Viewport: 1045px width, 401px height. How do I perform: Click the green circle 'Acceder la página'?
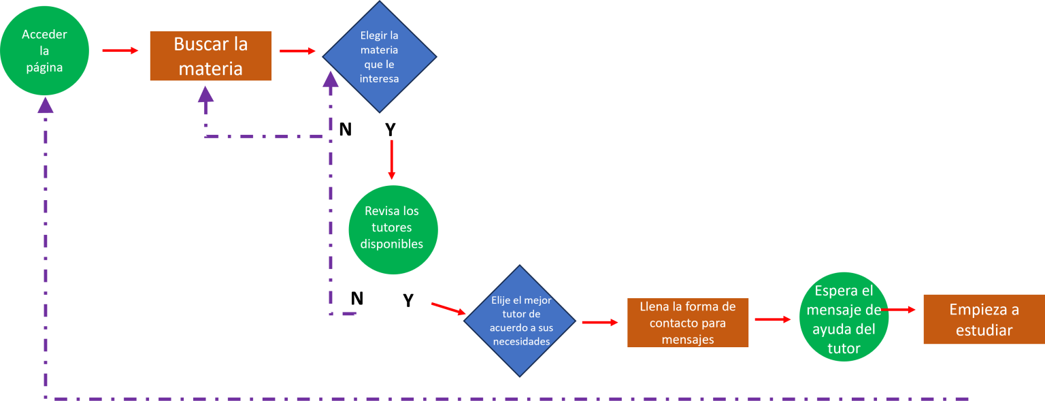click(x=44, y=50)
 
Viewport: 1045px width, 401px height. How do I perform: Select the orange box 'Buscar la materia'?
click(x=210, y=56)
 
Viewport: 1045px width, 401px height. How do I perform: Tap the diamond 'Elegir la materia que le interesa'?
click(x=379, y=57)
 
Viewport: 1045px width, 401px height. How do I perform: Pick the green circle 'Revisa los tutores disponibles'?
click(x=393, y=229)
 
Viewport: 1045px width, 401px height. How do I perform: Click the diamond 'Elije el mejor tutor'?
click(x=520, y=321)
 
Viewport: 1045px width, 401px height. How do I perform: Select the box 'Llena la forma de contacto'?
click(x=688, y=323)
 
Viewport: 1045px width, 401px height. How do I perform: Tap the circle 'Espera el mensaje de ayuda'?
click(x=844, y=317)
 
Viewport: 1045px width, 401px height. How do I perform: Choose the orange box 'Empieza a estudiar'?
click(x=984, y=319)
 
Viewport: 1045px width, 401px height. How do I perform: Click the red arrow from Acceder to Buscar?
click(x=120, y=50)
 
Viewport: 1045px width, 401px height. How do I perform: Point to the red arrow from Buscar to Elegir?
click(x=297, y=51)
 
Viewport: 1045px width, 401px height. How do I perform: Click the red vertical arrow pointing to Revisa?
click(x=392, y=160)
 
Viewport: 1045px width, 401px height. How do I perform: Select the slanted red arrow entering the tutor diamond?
click(x=448, y=309)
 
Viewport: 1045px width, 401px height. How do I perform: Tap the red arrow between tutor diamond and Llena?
click(x=600, y=322)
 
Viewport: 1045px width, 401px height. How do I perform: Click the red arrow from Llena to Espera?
click(x=773, y=319)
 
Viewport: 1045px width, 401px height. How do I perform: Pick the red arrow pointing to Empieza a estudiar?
click(x=898, y=310)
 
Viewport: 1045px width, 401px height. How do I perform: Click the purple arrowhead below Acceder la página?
click(x=46, y=105)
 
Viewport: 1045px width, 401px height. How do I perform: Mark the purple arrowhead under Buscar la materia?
click(x=205, y=95)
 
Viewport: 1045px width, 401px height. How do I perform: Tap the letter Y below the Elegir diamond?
click(x=391, y=129)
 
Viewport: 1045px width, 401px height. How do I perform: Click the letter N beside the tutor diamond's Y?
click(x=357, y=298)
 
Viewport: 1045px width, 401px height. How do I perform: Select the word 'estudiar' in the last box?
click(x=984, y=330)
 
